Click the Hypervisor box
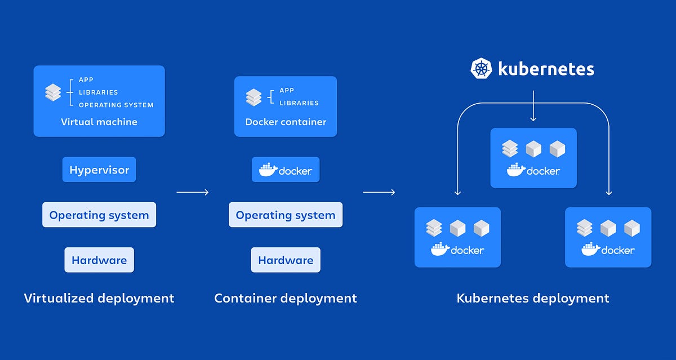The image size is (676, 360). [99, 170]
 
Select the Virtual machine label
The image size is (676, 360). [99, 122]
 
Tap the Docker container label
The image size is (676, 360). [286, 122]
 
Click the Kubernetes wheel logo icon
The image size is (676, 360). [482, 69]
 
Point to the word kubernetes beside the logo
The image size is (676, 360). [546, 69]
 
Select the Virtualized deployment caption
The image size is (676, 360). [99, 298]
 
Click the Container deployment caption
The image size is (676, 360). [286, 298]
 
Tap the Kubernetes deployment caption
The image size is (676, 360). [533, 298]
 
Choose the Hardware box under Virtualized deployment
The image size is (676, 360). [99, 260]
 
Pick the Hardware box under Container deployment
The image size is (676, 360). [286, 260]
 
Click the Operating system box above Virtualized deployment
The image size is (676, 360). [99, 215]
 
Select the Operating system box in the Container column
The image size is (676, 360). [286, 215]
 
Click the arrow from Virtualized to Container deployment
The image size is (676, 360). [193, 193]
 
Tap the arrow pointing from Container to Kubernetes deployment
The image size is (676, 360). [379, 193]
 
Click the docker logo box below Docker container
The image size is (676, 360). [286, 170]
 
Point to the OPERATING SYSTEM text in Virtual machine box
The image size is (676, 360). [116, 105]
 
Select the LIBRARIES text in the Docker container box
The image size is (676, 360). [299, 103]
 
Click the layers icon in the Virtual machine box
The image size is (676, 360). [53, 92]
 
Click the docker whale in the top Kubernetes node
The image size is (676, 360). [516, 170]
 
